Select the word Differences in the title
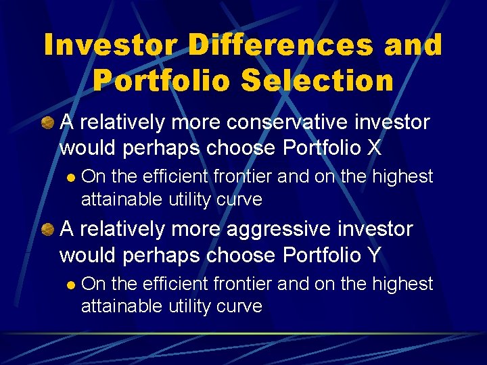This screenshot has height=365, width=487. click(280, 45)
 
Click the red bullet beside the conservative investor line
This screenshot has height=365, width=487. click(48, 123)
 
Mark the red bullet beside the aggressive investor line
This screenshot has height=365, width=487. click(48, 230)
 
